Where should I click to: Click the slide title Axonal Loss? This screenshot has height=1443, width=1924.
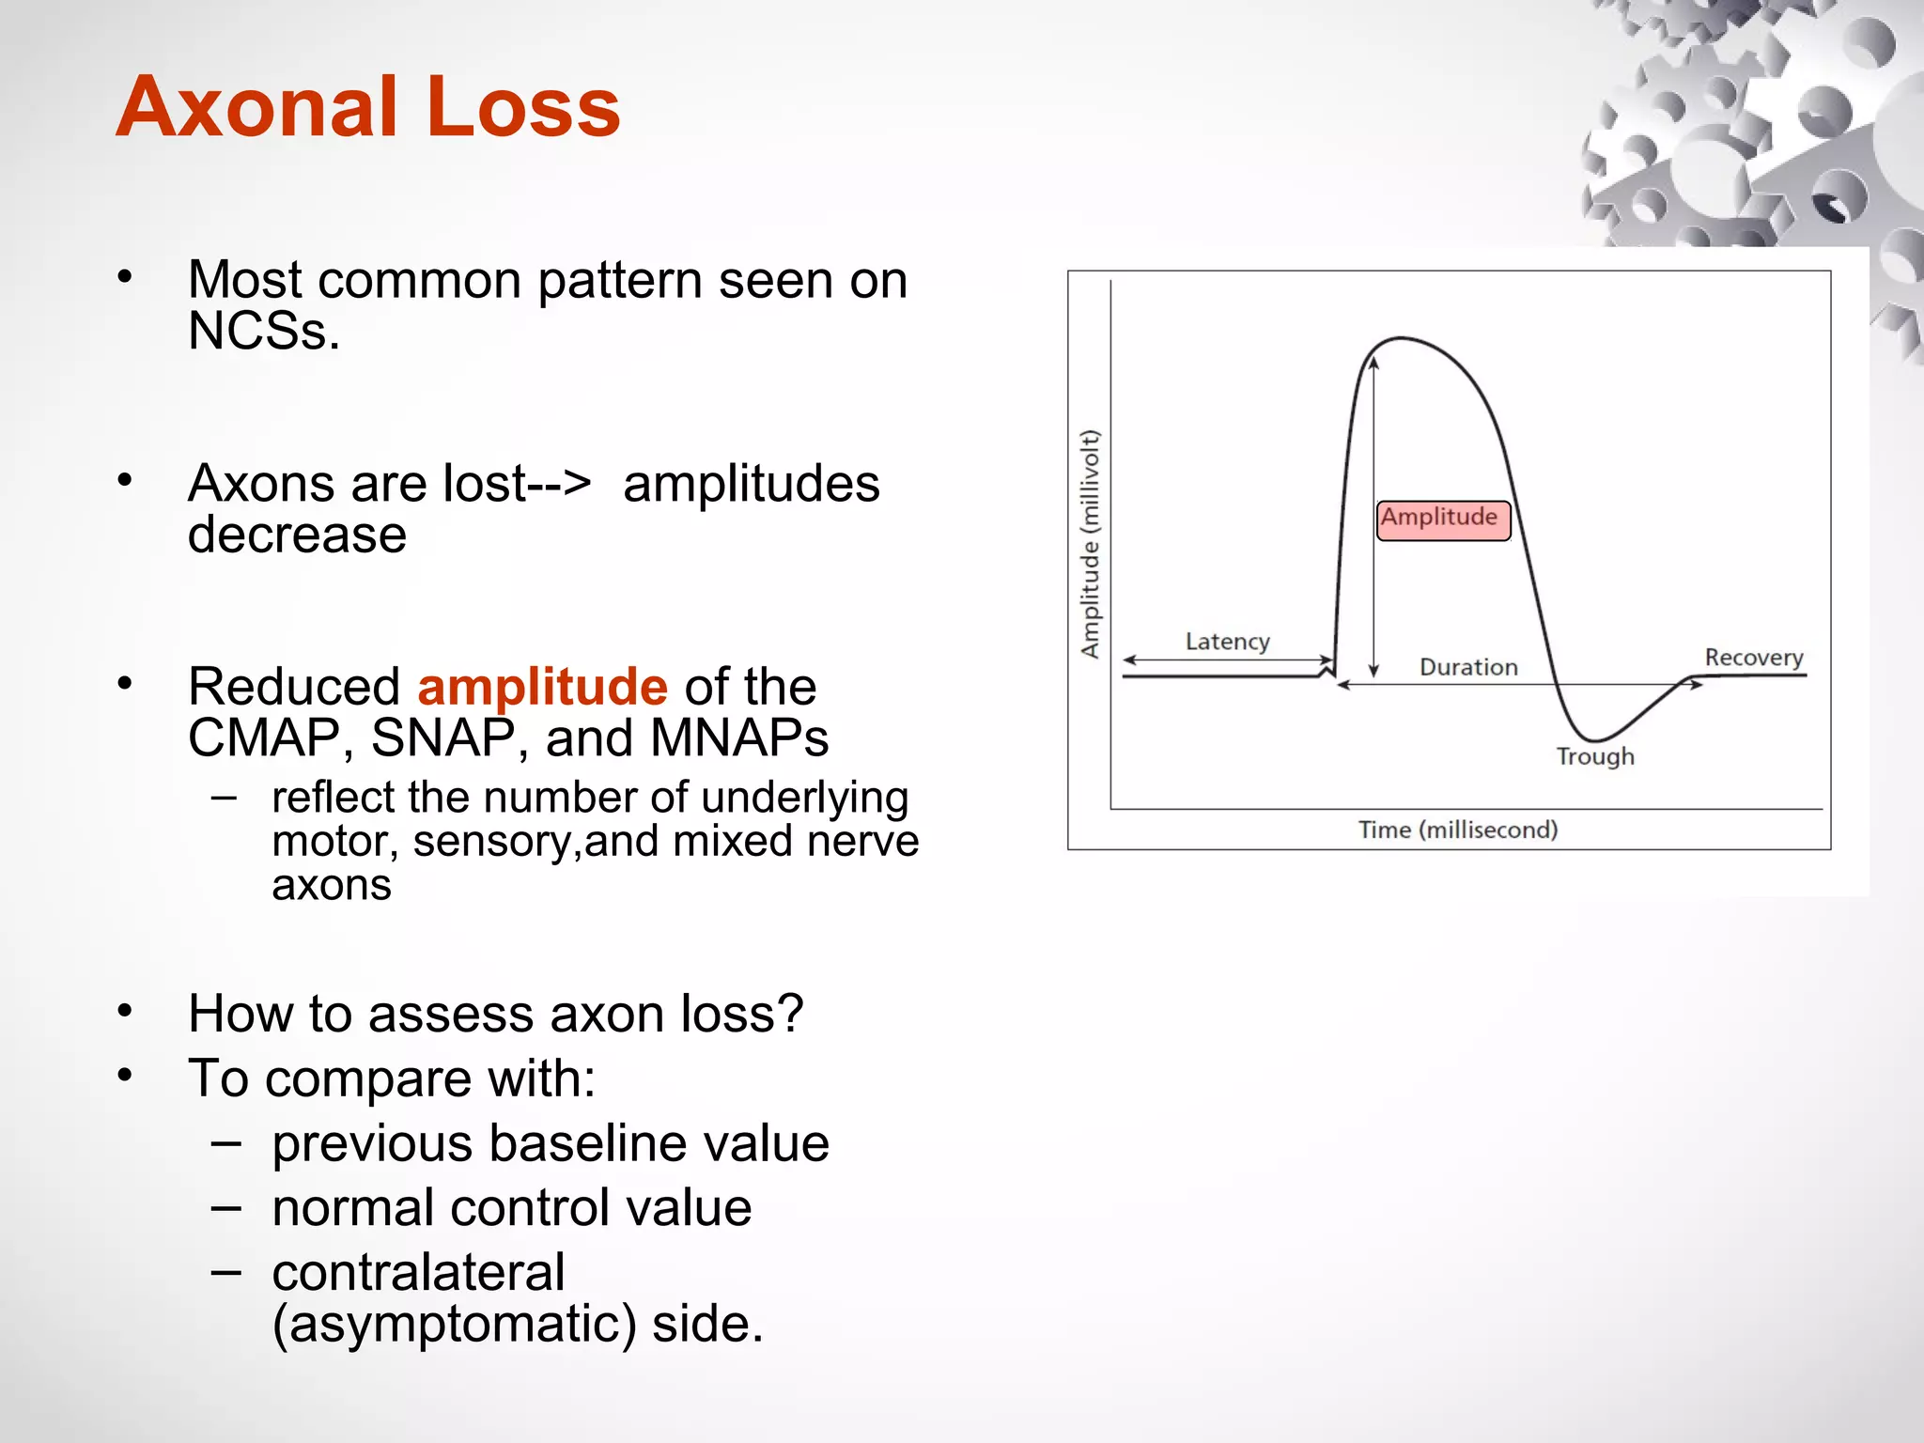pos(367,106)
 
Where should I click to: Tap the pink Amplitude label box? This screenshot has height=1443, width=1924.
pos(1442,520)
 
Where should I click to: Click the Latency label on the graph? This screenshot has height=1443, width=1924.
pos(1227,642)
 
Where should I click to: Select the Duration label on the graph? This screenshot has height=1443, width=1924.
pos(1468,667)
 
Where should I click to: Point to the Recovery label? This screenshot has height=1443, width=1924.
pos(1753,658)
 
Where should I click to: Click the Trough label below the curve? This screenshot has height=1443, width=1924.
pos(1594,756)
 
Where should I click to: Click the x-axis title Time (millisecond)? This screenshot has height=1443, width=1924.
pos(1457,830)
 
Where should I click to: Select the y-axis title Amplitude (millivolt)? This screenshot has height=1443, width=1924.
pos(1090,543)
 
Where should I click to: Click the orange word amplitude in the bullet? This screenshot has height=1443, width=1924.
pos(542,687)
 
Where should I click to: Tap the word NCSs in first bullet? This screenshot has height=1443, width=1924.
pos(263,331)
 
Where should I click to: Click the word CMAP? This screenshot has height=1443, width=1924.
pos(263,737)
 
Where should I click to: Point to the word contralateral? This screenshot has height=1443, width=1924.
pos(418,1272)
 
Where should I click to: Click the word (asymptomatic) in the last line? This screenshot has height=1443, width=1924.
pos(454,1324)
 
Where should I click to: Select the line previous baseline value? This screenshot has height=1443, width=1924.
pos(550,1143)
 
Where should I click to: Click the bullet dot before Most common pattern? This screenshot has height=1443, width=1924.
pos(125,277)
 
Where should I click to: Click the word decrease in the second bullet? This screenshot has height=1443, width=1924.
pos(297,535)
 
